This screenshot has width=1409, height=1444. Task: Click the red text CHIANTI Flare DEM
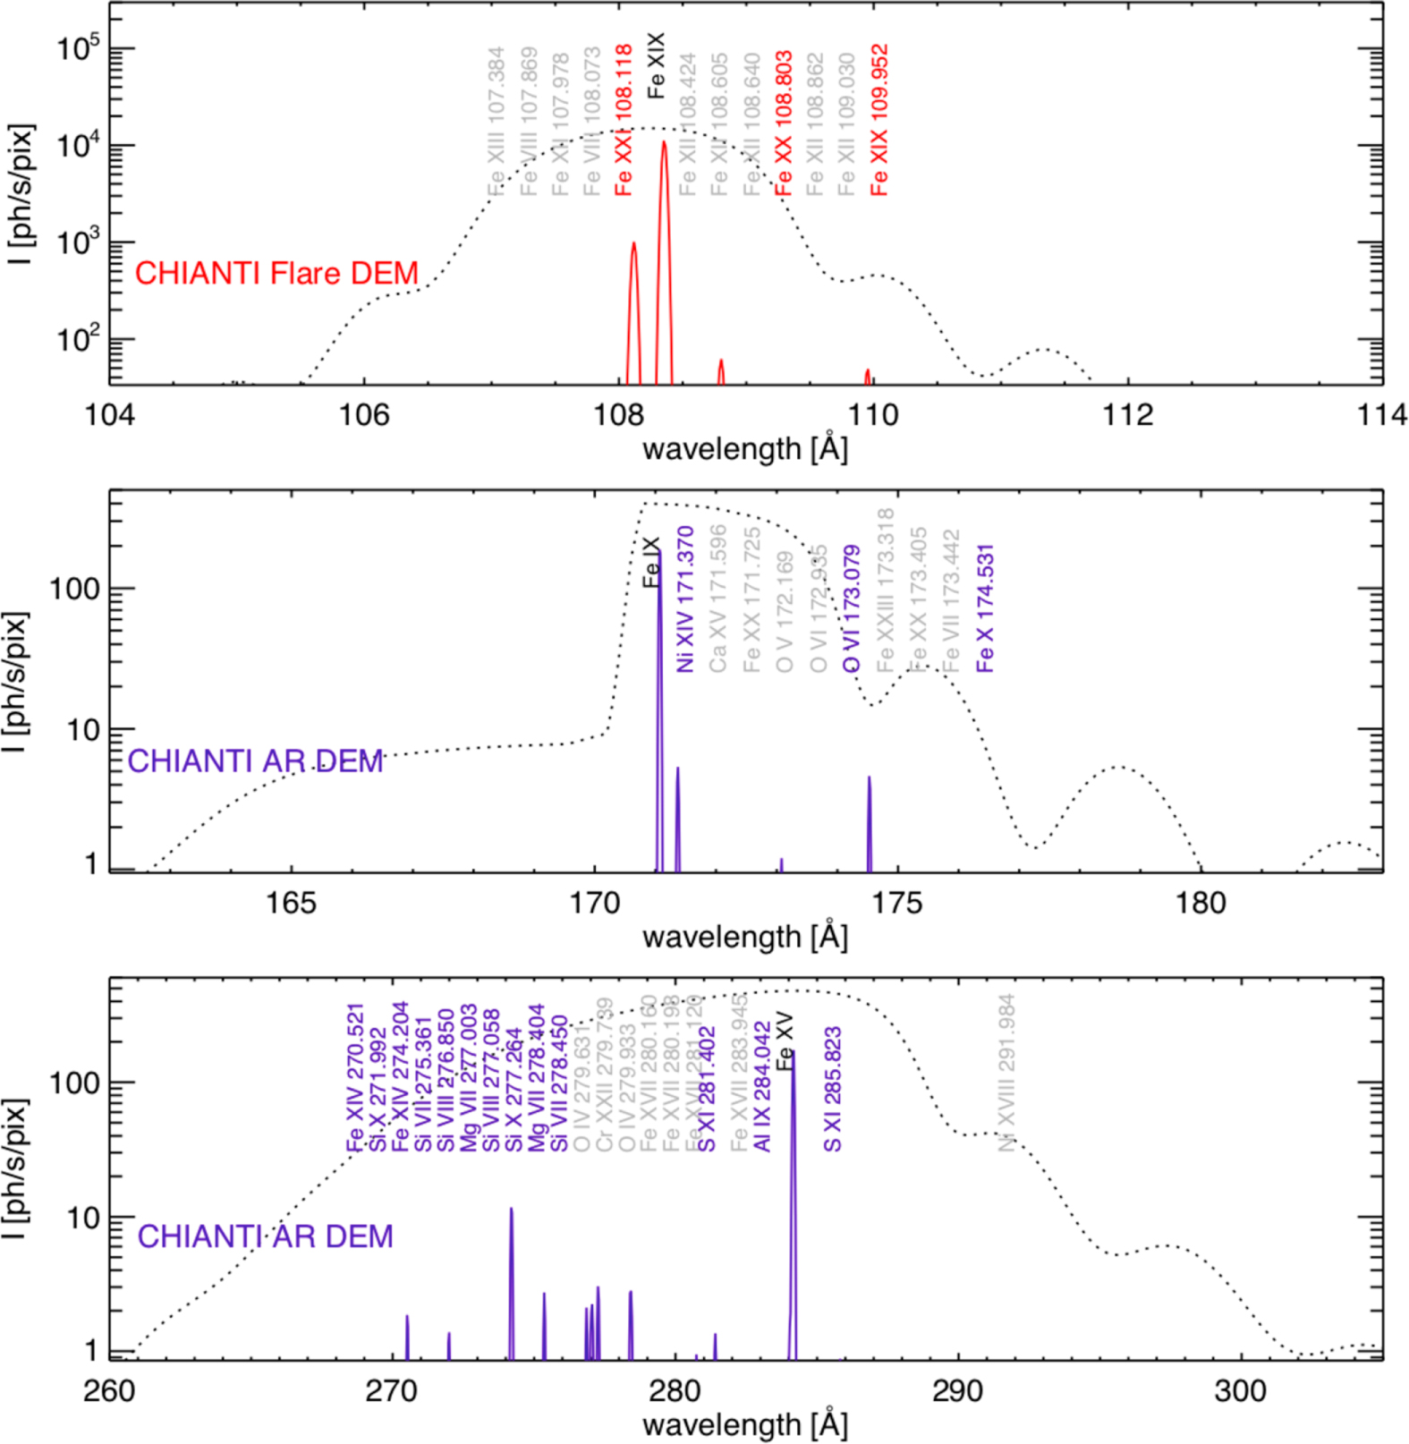coord(276,273)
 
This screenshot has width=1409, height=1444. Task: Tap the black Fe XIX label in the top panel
coord(656,64)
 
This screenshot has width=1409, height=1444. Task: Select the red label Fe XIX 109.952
coord(879,120)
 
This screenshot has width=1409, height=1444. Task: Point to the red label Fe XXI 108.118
coord(624,120)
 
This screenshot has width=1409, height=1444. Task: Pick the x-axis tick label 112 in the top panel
coord(1127,415)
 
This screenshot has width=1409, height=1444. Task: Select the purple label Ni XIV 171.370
coord(685,599)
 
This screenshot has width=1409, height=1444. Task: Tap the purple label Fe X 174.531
coord(985,608)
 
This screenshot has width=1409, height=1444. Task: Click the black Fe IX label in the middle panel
coord(651,562)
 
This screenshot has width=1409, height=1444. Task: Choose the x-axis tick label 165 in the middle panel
coord(292,903)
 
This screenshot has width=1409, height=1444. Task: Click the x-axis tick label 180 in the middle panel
coord(1200,903)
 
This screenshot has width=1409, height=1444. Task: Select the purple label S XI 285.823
coord(832,1089)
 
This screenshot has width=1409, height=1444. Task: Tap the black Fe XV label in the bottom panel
coord(785,1041)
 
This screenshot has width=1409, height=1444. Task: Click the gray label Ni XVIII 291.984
coord(1006,1072)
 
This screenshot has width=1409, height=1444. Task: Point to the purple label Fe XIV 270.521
coord(355,1077)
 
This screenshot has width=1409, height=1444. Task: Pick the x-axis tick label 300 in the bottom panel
coord(1240,1391)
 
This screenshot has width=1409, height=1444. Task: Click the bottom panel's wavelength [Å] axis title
coord(744,1424)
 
